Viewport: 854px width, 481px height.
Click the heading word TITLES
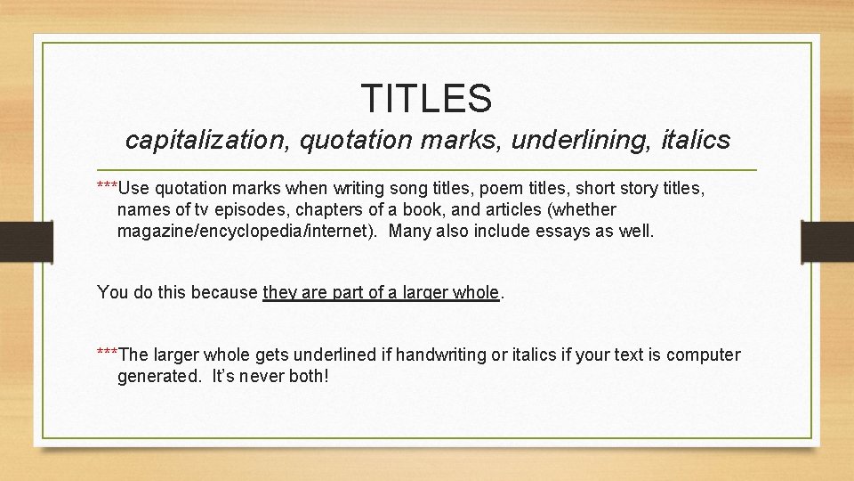pos(426,98)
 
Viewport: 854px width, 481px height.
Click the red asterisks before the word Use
pos(107,185)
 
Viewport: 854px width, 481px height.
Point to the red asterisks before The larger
pos(107,352)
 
